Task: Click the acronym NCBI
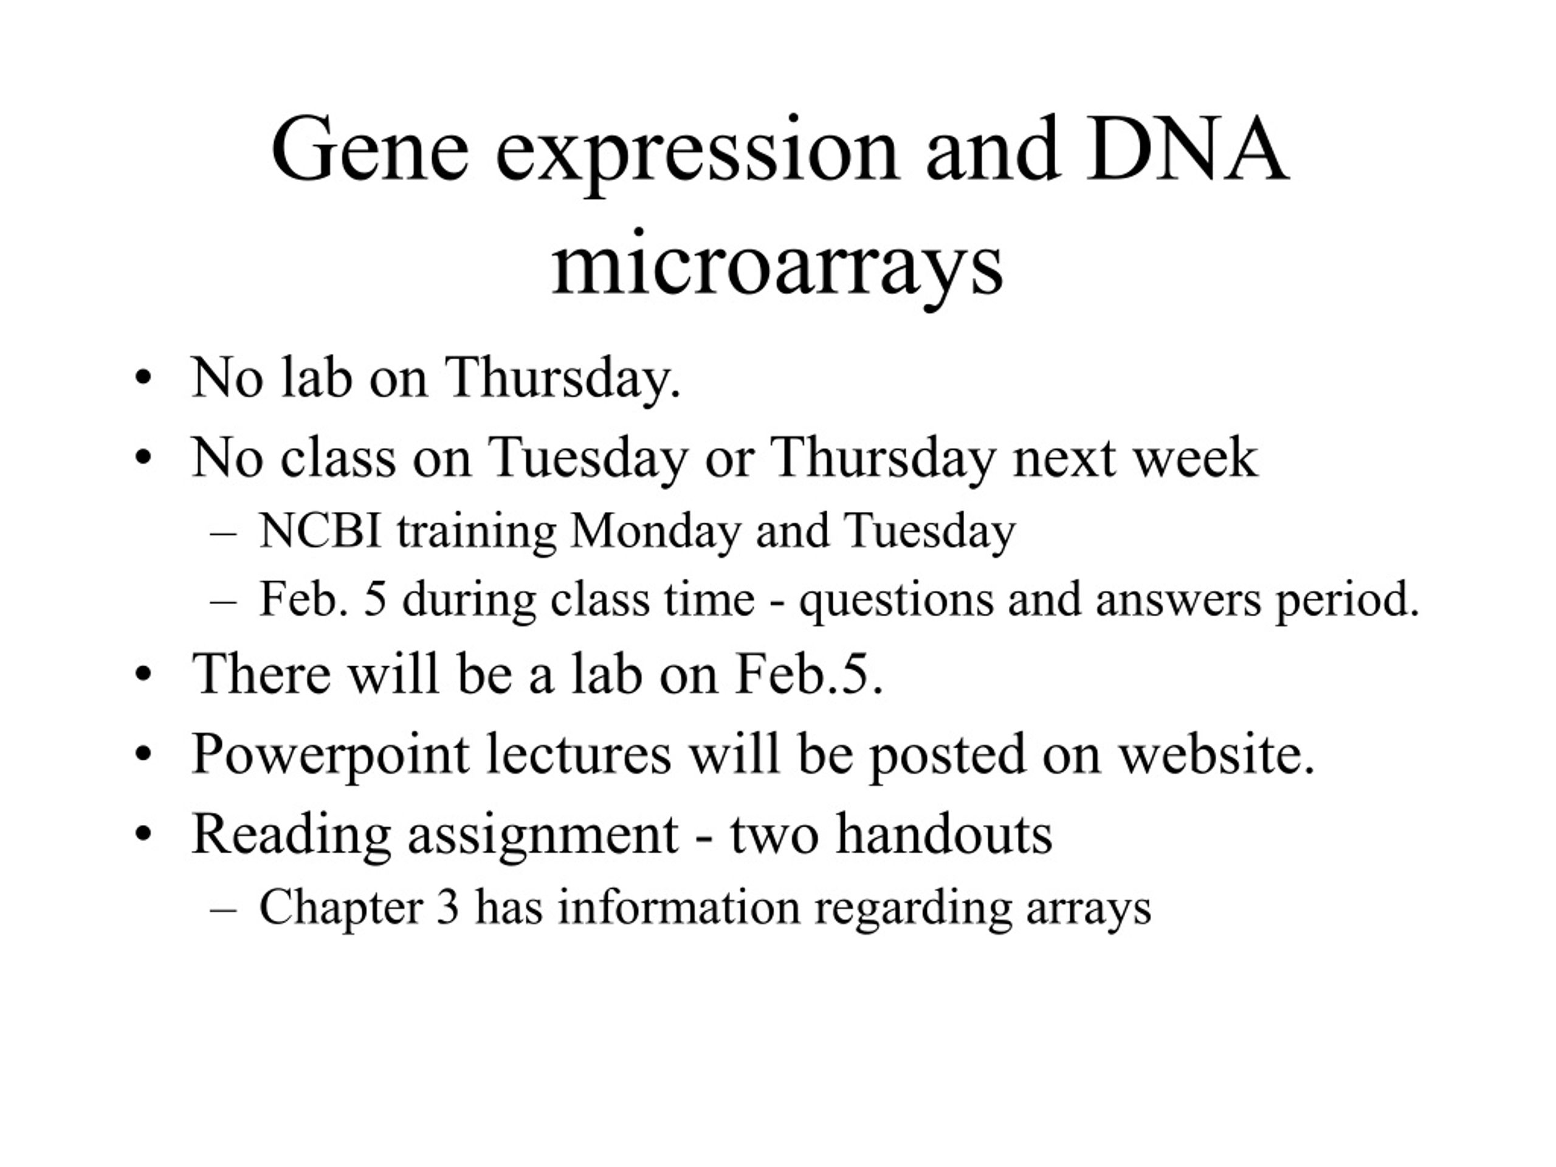(321, 531)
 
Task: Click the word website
(1216, 754)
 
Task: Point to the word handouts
(945, 833)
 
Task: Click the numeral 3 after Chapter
(447, 907)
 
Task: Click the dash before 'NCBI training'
(223, 535)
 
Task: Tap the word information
(680, 907)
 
